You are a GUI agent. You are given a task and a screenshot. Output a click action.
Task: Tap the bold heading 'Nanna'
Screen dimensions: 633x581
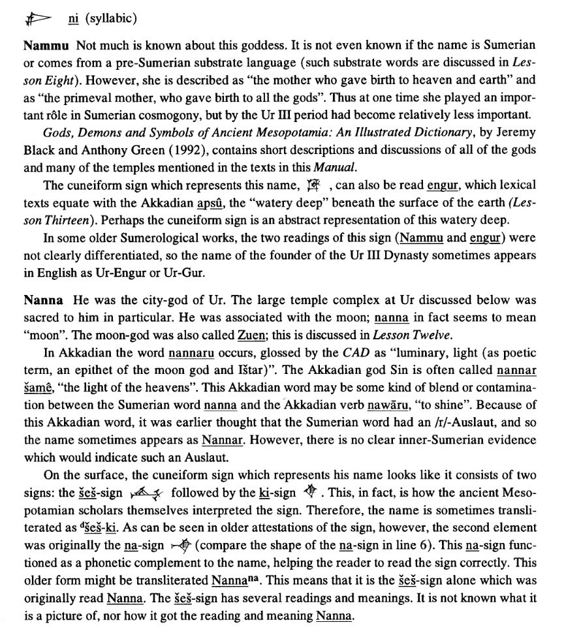[43, 301]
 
